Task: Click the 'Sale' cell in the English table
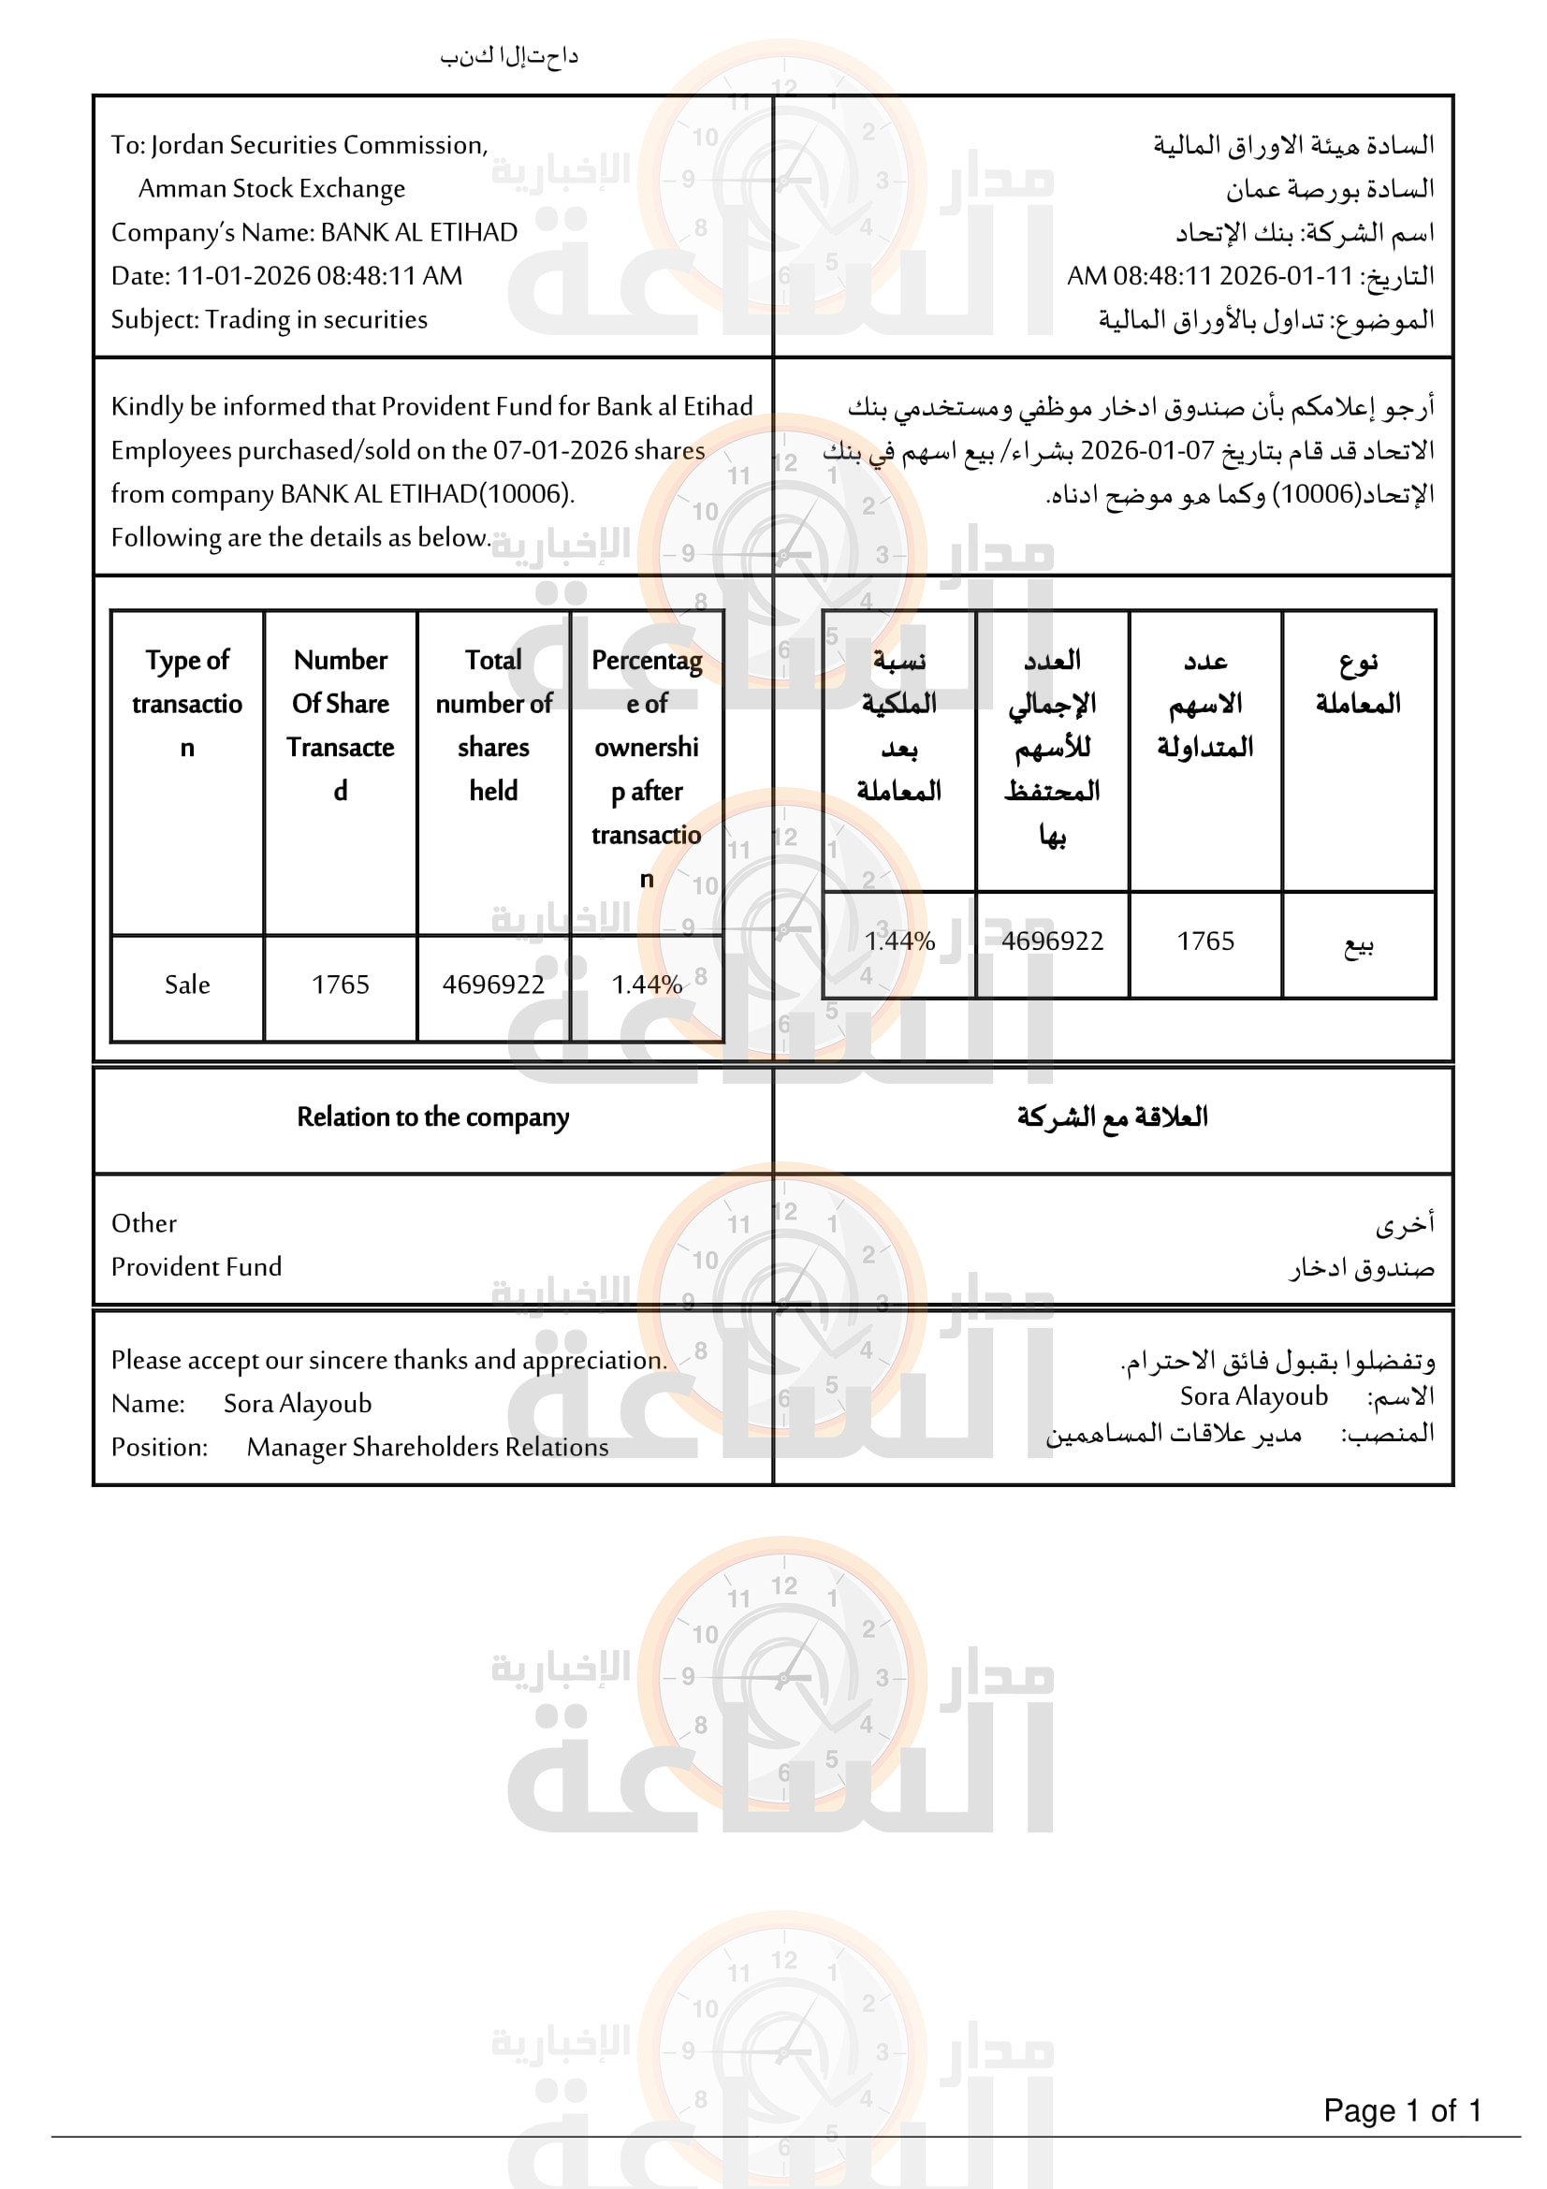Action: tap(187, 985)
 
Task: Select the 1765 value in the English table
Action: tap(341, 985)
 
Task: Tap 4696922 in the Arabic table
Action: tap(1051, 941)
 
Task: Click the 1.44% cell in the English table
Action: tap(647, 985)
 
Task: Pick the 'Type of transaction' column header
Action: tap(187, 704)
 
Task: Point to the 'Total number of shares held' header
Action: tap(493, 724)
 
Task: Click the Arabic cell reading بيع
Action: tap(1358, 944)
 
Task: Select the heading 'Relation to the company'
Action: tap(432, 1117)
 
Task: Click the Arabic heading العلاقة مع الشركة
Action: tap(1112, 1117)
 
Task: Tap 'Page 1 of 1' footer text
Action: tap(1402, 2109)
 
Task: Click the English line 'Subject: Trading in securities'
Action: tap(269, 319)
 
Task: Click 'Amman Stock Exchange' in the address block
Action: tap(271, 189)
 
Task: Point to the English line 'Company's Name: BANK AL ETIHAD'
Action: tap(314, 233)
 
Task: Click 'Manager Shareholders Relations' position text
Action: tap(427, 1447)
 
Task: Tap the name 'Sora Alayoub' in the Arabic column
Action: tap(1253, 1396)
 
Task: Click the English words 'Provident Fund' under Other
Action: tap(197, 1267)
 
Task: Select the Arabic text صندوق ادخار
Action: tap(1362, 1268)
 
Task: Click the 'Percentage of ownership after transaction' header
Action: tap(647, 768)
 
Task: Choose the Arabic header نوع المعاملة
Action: tap(1358, 682)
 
